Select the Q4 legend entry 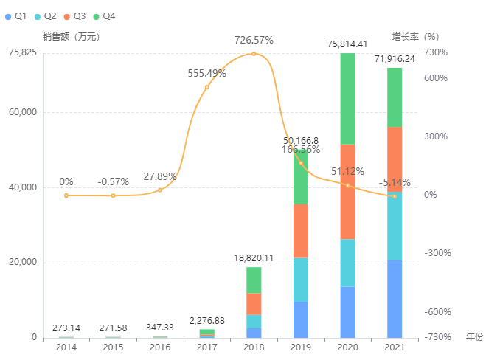pos(103,15)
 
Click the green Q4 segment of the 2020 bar pos(347,98)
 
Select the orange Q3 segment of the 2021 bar pos(395,159)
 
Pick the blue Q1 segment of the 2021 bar pos(395,298)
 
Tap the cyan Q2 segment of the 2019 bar pos(301,280)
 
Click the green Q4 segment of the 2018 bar pos(254,280)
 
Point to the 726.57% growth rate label pos(254,39)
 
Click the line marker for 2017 pos(207,87)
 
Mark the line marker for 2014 pos(66,195)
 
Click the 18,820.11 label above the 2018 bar pos(254,258)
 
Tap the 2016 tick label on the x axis pos(160,347)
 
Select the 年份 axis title pos(474,336)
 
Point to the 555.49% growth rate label pos(207,73)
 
